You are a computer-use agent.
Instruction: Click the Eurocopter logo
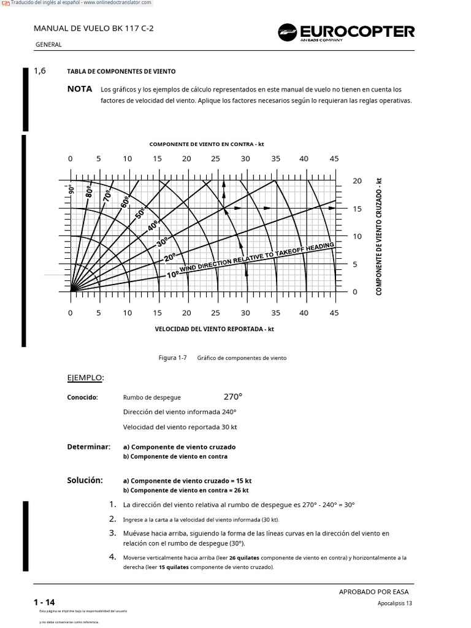click(x=347, y=32)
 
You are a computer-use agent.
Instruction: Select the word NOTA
click(x=80, y=89)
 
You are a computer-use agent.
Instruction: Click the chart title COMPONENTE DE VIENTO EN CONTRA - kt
click(x=207, y=144)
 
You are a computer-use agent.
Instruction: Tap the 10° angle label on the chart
click(x=173, y=274)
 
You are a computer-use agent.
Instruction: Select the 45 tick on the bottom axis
click(x=334, y=313)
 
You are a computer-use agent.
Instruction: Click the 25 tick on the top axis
click(x=215, y=159)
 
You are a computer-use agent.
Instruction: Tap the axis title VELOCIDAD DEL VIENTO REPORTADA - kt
click(x=214, y=329)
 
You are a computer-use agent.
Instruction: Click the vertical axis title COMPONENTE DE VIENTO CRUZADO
click(x=379, y=236)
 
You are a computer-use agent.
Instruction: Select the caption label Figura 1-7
click(x=172, y=358)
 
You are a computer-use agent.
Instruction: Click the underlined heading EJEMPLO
click(x=85, y=377)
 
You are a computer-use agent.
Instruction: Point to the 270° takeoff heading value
click(x=232, y=396)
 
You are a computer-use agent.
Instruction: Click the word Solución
click(x=85, y=480)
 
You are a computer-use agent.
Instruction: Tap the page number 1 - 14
click(x=44, y=603)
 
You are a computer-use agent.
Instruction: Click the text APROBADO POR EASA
click(x=373, y=592)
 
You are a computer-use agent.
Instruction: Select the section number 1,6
click(x=40, y=71)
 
